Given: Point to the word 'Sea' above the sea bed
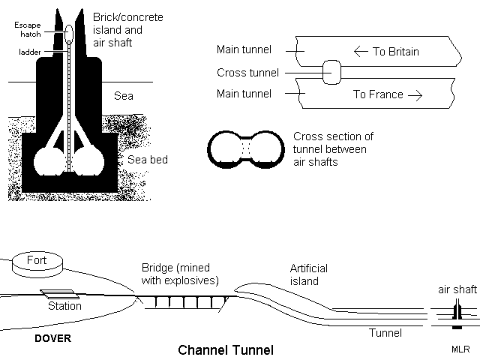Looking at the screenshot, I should click(123, 96).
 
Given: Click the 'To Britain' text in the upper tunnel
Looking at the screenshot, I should click(386, 52).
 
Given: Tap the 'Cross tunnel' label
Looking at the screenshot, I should click(247, 73).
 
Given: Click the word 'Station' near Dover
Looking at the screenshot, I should click(64, 306).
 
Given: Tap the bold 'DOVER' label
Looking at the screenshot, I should click(52, 339).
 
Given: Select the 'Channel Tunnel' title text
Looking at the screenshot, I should click(226, 349).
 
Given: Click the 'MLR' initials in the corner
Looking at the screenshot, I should click(460, 349).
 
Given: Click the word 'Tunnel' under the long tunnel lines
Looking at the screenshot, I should click(386, 332).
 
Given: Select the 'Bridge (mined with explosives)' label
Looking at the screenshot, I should click(180, 274).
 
